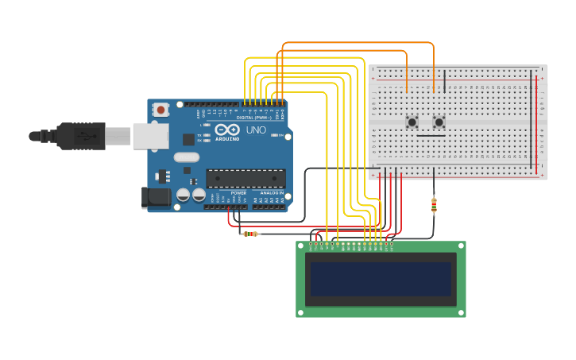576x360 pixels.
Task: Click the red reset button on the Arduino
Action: point(161,110)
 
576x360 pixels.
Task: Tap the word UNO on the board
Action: point(256,130)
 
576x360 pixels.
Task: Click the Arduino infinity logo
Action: point(226,130)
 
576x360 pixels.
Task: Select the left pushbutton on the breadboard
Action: point(412,122)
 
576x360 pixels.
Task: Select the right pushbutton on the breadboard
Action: point(439,122)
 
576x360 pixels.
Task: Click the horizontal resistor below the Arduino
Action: point(251,234)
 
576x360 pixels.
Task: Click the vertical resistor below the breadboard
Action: point(434,205)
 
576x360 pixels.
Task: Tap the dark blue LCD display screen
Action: point(381,279)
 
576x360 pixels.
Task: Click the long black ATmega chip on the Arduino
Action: point(245,178)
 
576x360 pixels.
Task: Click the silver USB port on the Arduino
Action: point(150,136)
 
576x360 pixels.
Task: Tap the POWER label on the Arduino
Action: point(238,193)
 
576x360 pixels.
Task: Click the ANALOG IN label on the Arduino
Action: point(270,193)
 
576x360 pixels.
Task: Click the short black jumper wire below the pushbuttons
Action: point(431,136)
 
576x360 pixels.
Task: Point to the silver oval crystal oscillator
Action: point(187,157)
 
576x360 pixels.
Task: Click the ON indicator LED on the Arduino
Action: point(275,135)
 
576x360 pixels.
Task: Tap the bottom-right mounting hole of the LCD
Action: point(460,312)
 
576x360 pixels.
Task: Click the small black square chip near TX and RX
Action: point(188,139)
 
